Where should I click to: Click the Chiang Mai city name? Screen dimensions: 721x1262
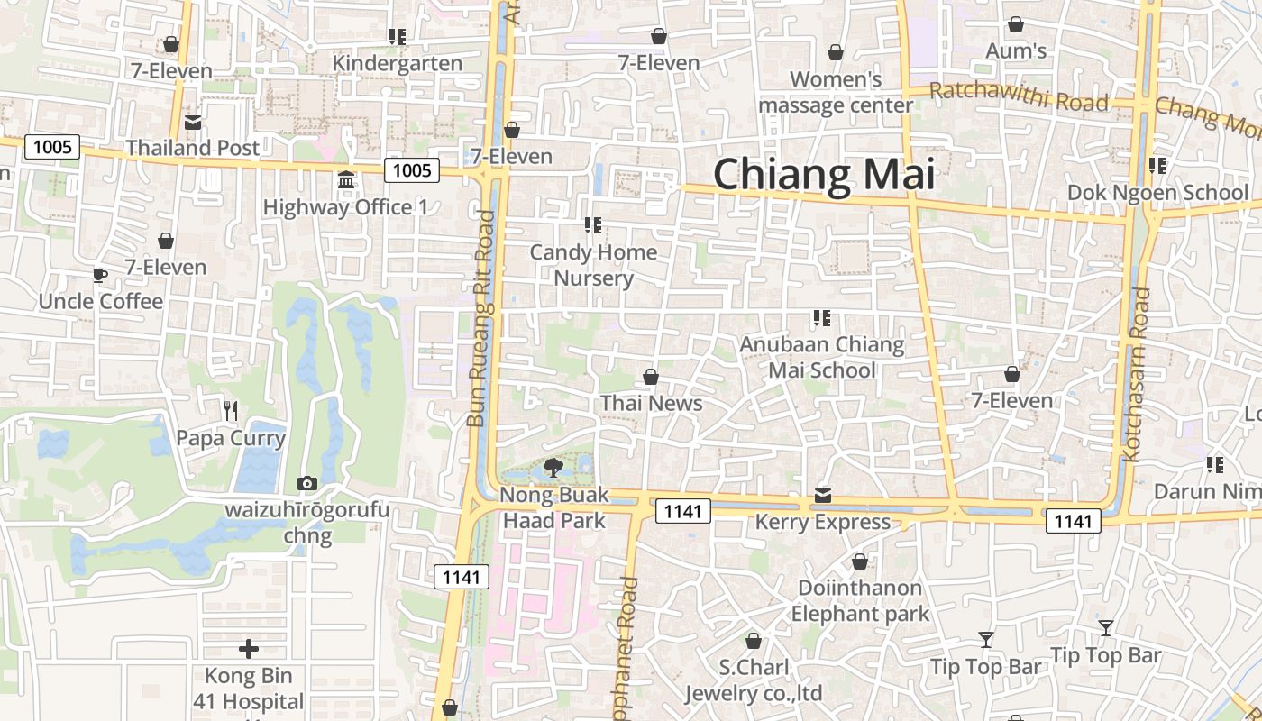click(x=824, y=174)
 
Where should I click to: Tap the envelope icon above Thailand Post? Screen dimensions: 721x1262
click(x=193, y=123)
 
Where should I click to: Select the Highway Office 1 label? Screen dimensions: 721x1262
click(x=345, y=207)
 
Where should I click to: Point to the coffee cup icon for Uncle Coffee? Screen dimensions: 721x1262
click(x=100, y=275)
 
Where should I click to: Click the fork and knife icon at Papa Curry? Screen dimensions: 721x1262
click(x=231, y=411)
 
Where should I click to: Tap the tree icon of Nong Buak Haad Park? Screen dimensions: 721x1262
click(x=553, y=468)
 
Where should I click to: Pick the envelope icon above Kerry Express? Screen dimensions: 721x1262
click(x=823, y=496)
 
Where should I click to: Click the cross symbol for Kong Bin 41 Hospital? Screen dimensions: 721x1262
click(x=249, y=648)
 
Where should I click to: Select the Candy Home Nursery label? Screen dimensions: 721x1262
click(x=593, y=265)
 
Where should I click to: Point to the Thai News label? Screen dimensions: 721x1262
click(x=651, y=403)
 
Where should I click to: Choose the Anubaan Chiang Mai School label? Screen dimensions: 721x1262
click(x=821, y=357)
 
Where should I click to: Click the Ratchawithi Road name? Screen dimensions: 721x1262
click(x=1019, y=96)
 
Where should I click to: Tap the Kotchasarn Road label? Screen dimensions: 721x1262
click(x=1138, y=374)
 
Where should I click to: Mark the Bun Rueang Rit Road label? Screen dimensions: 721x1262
click(x=481, y=318)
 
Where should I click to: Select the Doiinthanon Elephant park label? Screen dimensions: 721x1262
click(x=860, y=601)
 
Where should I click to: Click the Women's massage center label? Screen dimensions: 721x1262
click(x=836, y=92)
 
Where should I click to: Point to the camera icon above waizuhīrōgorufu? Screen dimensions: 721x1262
click(x=307, y=484)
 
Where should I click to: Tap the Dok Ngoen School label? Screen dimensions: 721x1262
click(x=1157, y=192)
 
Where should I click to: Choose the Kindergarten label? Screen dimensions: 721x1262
click(x=398, y=63)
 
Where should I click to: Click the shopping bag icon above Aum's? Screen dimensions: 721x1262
click(x=1016, y=24)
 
